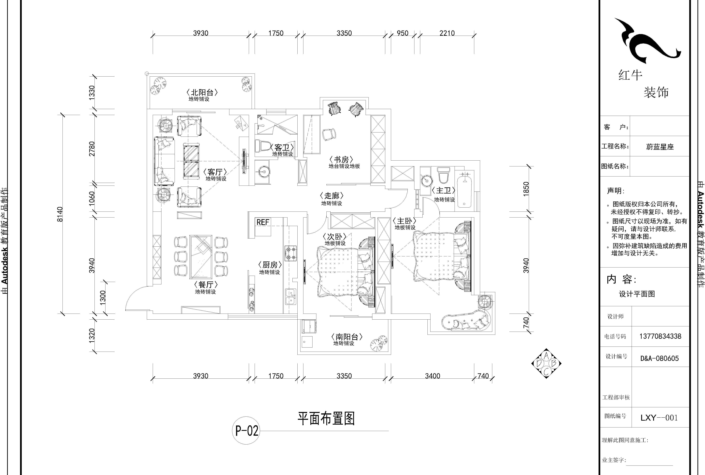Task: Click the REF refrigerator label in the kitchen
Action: pos(263,222)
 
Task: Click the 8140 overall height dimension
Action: pos(60,214)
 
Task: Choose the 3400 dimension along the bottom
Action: pos(432,376)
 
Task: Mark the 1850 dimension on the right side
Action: pos(526,188)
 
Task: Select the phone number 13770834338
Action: pos(660,336)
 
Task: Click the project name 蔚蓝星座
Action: pos(660,147)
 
